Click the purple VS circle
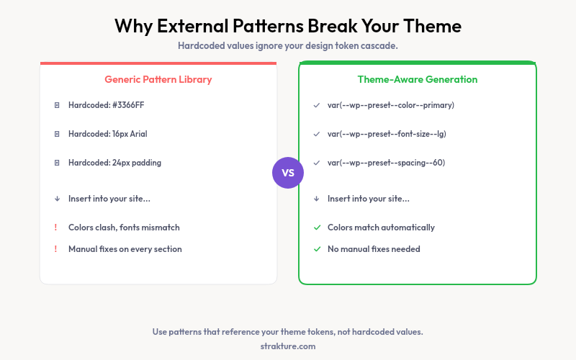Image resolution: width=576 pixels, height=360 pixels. pos(288,173)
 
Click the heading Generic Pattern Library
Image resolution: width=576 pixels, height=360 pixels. pos(158,79)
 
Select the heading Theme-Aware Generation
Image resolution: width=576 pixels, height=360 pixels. pos(418,79)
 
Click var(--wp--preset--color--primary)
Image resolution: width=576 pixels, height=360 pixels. pos(391,105)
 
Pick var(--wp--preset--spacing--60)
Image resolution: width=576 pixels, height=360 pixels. pos(387,163)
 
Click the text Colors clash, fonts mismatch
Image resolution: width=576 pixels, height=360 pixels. pos(124,228)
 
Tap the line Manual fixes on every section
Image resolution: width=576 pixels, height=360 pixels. pos(125,249)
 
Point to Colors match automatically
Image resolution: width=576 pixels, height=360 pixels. pos(381,228)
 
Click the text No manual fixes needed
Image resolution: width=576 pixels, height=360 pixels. pos(374,249)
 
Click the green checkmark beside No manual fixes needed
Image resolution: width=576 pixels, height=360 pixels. pos(317,249)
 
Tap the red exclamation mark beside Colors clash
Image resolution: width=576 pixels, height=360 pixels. pos(56,228)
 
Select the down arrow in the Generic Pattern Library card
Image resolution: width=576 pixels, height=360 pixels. pos(57,199)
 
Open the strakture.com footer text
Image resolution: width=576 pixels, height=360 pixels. pos(288,346)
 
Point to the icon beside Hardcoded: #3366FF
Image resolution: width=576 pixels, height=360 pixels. pos(57,105)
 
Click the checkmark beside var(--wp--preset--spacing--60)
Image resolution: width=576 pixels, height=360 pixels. pos(317,163)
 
